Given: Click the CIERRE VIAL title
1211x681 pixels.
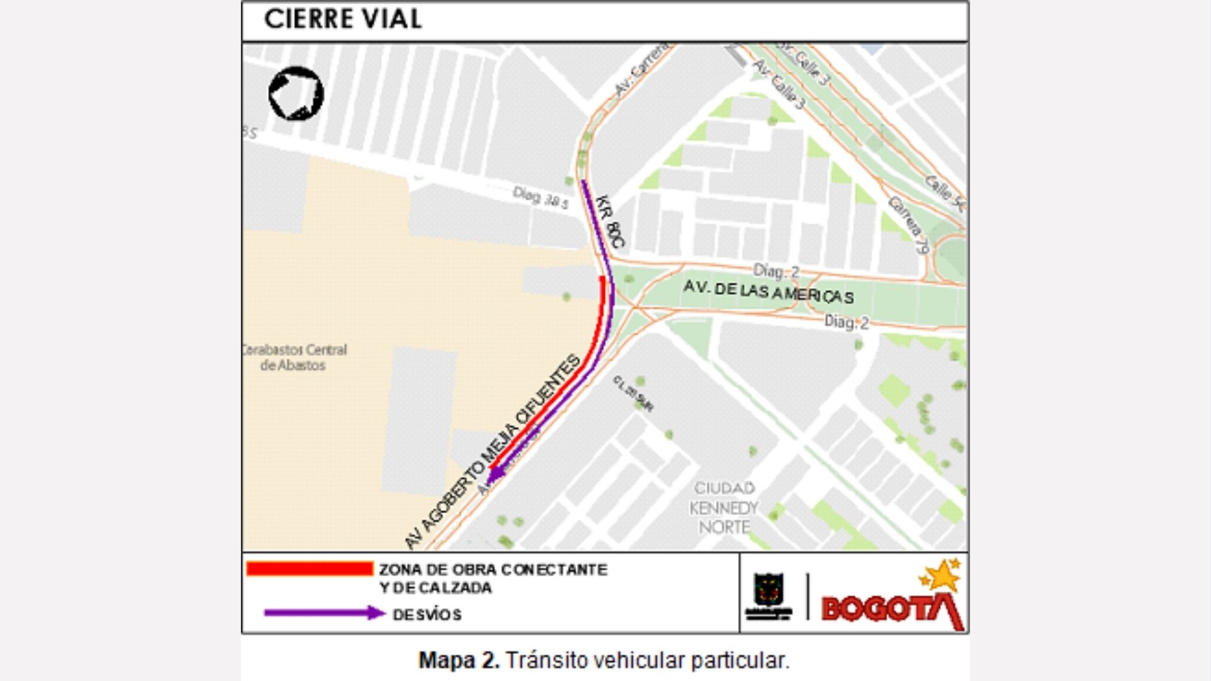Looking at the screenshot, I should (342, 19).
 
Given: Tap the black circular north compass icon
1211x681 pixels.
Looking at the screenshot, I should (296, 93).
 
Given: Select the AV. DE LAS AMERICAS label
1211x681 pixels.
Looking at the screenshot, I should (768, 292).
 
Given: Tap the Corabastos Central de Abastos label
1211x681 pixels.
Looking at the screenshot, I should (295, 358).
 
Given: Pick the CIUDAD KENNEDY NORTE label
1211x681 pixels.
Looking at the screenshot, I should (723, 508).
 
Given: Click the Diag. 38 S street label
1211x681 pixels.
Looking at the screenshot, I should (541, 197).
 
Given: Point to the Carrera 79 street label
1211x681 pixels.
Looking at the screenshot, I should (908, 224).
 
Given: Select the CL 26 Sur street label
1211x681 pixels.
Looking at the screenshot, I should (633, 393).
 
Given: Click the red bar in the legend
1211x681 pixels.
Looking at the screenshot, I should (309, 569).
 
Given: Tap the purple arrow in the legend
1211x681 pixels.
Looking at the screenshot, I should (324, 613).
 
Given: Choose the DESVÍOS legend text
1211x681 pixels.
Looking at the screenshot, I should (427, 614).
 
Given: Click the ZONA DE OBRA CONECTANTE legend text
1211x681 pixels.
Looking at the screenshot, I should (493, 569).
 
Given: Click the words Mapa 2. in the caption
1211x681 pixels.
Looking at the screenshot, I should (459, 660).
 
